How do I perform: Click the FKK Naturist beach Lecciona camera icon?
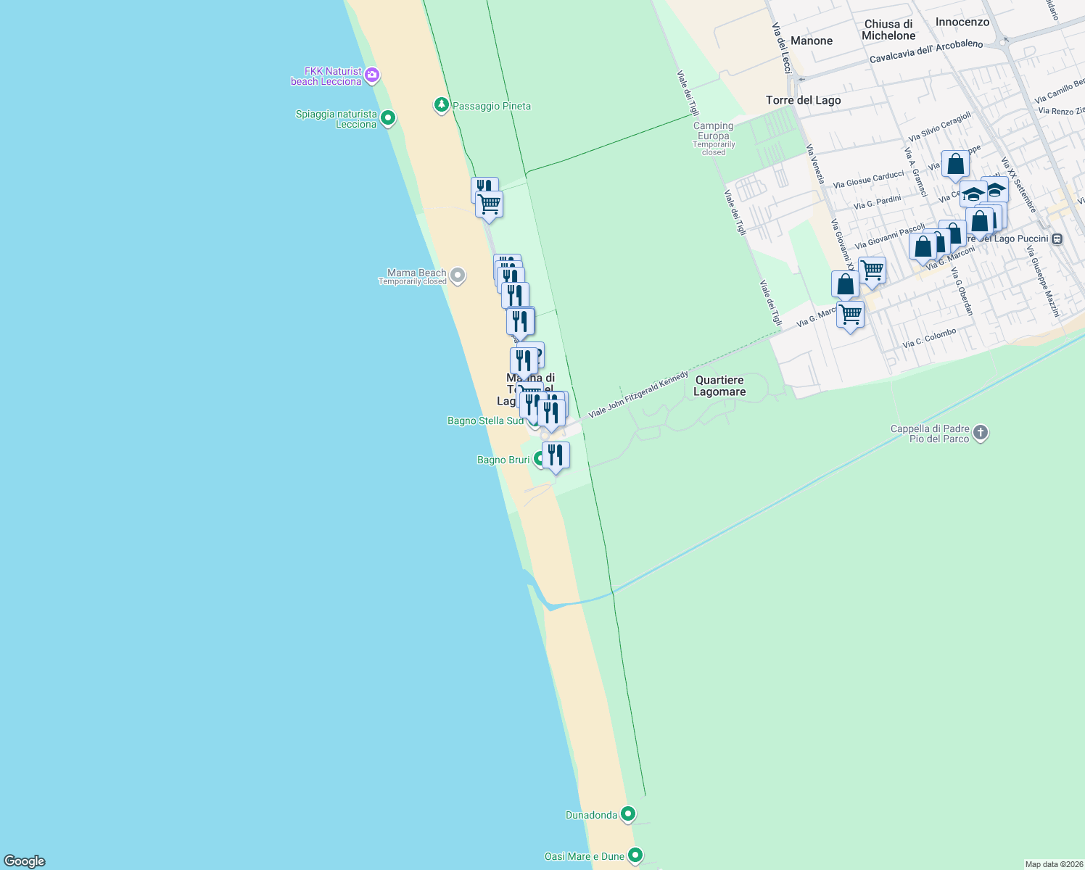click(x=372, y=75)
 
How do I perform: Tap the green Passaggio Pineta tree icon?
click(x=441, y=106)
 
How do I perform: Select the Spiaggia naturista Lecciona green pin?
click(x=388, y=117)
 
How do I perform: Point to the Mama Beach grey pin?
click(x=458, y=275)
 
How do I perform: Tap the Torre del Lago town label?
click(x=803, y=100)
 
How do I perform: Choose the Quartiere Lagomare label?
click(x=719, y=386)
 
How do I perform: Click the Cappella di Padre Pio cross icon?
click(x=981, y=434)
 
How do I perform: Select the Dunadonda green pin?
click(x=628, y=814)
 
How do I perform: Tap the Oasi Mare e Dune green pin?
click(x=635, y=855)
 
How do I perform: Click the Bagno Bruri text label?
click(x=503, y=460)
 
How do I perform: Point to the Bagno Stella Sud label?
click(x=485, y=420)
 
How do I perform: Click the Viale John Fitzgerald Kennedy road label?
click(x=638, y=394)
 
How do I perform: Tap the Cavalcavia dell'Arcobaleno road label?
click(x=926, y=51)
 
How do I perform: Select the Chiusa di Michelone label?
click(x=888, y=30)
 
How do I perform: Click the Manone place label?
click(x=812, y=41)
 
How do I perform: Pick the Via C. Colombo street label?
click(x=929, y=338)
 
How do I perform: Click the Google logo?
click(x=25, y=861)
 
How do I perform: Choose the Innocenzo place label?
click(x=962, y=22)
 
